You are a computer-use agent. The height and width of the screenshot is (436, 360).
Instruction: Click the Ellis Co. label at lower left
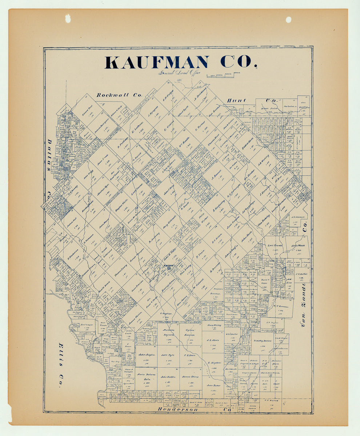pos(61,365)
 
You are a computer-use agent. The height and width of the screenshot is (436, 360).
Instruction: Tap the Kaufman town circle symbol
pos(169,269)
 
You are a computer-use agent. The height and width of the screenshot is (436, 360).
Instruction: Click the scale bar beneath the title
pos(220,76)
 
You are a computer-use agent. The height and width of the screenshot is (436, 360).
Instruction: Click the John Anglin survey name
pos(147,354)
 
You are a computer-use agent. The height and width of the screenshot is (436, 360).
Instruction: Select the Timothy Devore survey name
pos(263,341)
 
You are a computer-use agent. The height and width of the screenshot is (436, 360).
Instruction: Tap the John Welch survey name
pos(297,245)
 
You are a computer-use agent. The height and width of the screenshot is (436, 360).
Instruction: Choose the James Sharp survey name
pos(190,377)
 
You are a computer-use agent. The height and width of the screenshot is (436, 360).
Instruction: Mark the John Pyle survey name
pos(168,355)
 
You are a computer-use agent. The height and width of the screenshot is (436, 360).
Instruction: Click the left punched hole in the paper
pos(68,18)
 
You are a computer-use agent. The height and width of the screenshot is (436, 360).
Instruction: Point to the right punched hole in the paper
pos(288,20)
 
